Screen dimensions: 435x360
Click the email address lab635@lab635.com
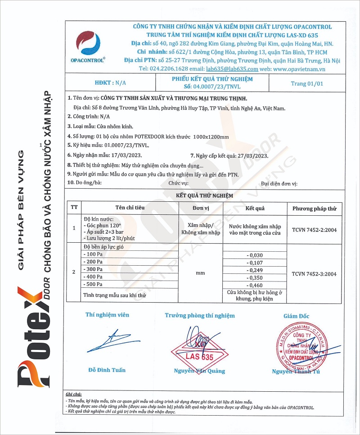point(232,69)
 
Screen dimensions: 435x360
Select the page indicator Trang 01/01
point(307,83)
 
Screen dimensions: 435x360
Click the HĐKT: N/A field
point(111,83)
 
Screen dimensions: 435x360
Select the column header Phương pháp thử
point(314,208)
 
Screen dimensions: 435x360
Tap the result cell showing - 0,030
point(255,255)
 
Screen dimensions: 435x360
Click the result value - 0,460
point(255,285)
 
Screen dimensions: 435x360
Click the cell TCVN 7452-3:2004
point(314,273)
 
